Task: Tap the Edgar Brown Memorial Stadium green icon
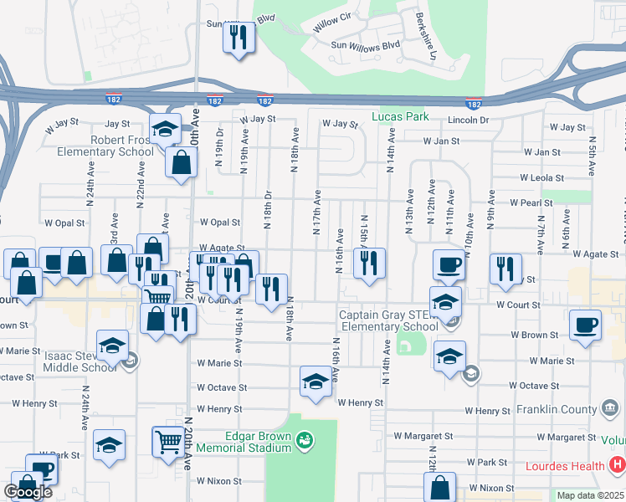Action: [x=306, y=438]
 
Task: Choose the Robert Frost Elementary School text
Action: [x=105, y=146]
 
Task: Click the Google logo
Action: [x=27, y=492]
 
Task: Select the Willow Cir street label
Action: [x=331, y=23]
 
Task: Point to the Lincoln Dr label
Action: [x=468, y=120]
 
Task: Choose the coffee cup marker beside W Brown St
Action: [x=584, y=324]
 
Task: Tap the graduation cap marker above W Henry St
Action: [x=315, y=382]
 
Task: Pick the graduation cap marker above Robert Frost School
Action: [x=166, y=129]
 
